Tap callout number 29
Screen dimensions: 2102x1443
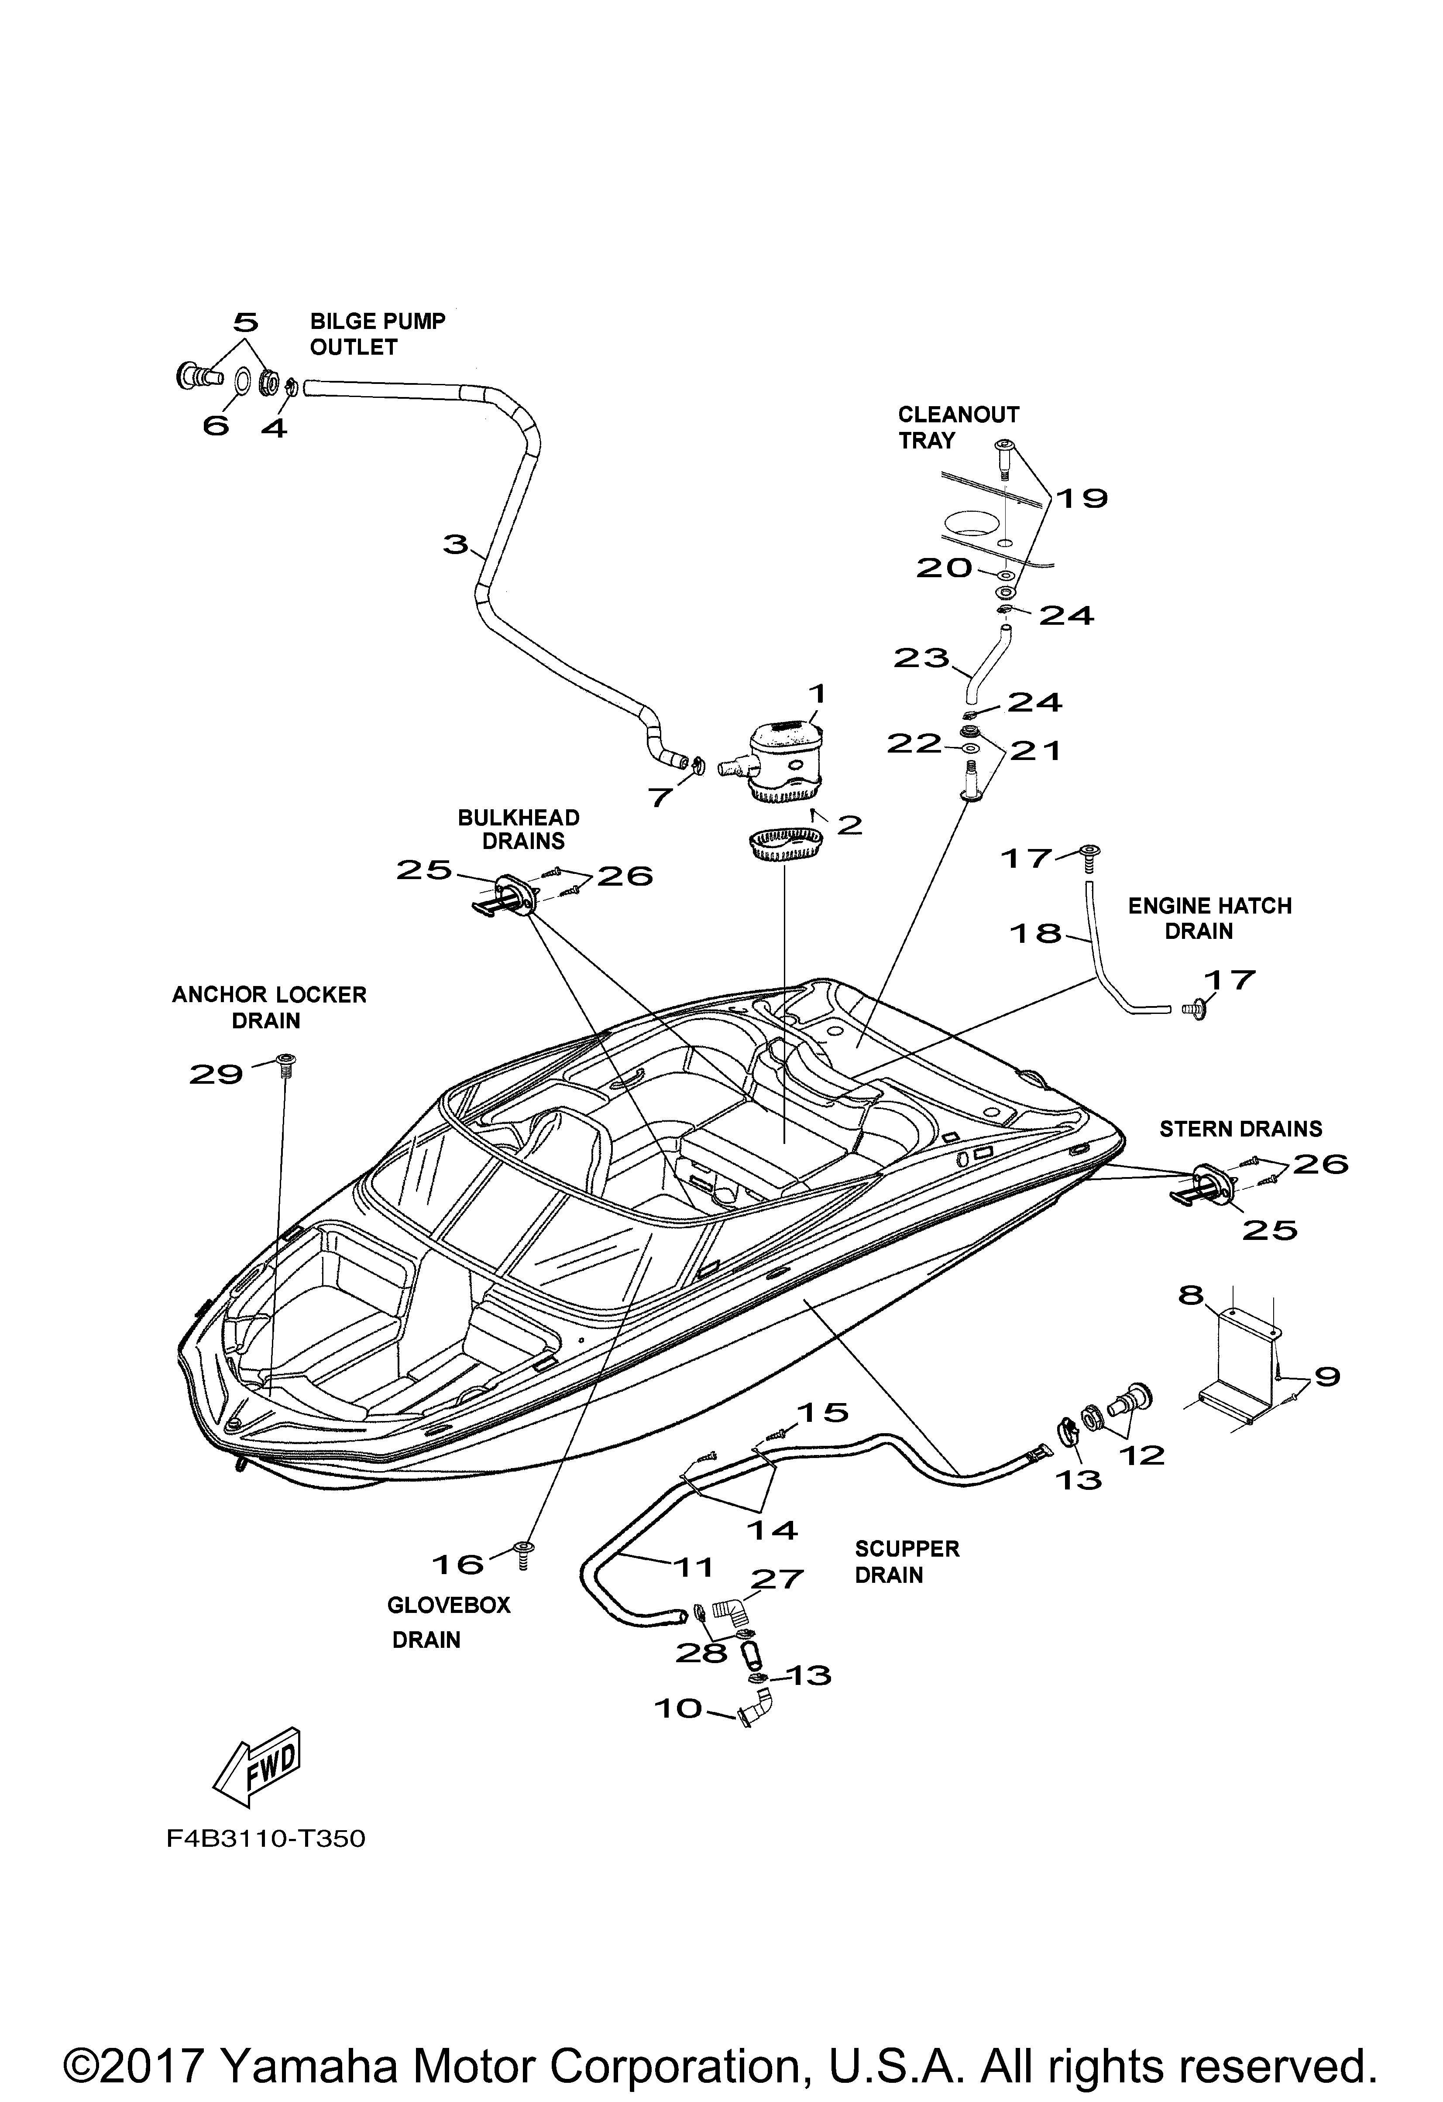(216, 1075)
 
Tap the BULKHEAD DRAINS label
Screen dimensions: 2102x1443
(519, 829)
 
